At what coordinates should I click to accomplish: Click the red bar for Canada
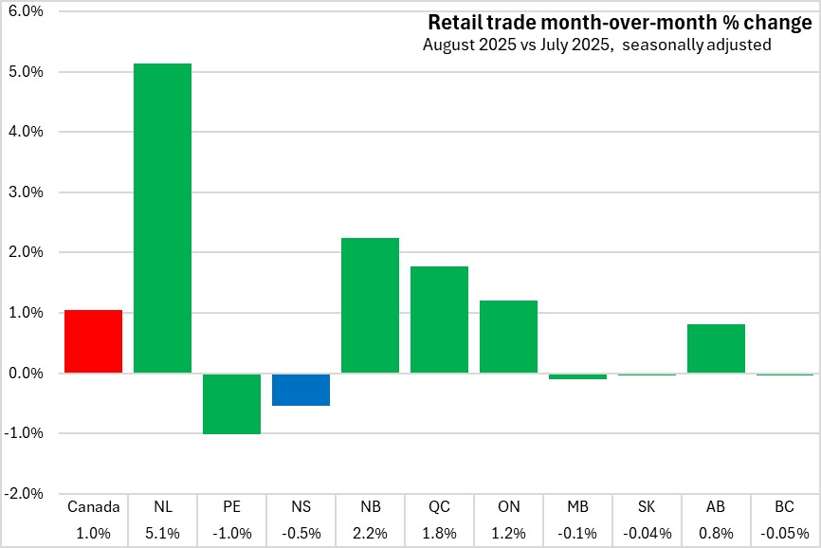click(x=93, y=341)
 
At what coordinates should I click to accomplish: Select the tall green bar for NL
click(x=162, y=218)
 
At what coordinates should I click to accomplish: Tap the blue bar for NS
click(x=301, y=390)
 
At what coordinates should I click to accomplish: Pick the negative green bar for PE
click(x=231, y=404)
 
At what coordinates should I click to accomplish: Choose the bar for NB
click(x=370, y=305)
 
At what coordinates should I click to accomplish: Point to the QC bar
click(x=439, y=320)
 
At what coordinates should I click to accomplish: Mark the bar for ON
click(x=508, y=337)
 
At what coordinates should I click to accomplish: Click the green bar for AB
click(x=716, y=349)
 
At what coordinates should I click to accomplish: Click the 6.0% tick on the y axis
click(x=27, y=11)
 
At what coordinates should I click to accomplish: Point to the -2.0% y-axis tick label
click(x=25, y=494)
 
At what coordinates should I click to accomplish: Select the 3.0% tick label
click(x=27, y=192)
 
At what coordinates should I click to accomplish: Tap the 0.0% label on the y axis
click(x=27, y=374)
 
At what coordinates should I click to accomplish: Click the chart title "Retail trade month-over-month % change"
click(x=619, y=22)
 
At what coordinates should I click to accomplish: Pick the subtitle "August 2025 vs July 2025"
click(x=517, y=45)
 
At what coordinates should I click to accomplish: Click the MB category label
click(x=577, y=507)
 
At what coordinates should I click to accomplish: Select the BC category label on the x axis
click(x=785, y=507)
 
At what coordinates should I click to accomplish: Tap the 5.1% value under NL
click(x=162, y=533)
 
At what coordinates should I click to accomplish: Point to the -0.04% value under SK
click(x=647, y=533)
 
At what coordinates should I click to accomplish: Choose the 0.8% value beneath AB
click(x=716, y=533)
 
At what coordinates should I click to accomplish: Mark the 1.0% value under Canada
click(x=93, y=533)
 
